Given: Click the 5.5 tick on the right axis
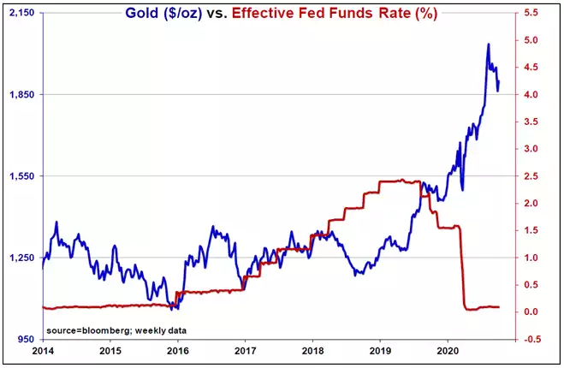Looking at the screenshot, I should tap(531, 13).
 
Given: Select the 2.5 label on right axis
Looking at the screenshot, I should tap(531, 176).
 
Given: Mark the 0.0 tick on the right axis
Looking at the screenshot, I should tap(531, 312).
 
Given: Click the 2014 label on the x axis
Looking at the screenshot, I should tap(42, 351).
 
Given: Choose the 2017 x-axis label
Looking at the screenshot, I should tap(245, 351).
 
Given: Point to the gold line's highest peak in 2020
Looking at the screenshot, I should tap(488, 44).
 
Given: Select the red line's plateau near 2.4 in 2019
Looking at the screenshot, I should tap(398, 181).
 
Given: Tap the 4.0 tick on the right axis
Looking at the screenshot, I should tap(531, 94).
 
